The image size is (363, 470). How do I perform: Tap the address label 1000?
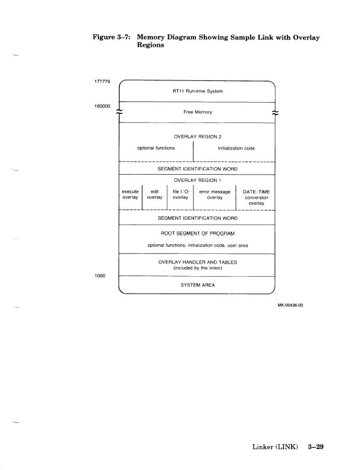[x=100, y=276]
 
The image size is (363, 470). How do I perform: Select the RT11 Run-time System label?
[x=198, y=92]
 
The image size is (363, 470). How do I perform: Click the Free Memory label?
[x=198, y=112]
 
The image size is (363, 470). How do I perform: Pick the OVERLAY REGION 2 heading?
[x=198, y=137]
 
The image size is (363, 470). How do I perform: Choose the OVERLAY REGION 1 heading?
[x=198, y=180]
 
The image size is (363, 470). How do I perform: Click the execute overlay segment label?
[x=130, y=194]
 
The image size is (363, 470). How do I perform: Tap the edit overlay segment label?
[x=154, y=194]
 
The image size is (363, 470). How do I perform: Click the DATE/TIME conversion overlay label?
[x=256, y=197]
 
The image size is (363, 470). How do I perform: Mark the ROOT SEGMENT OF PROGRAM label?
[x=198, y=233]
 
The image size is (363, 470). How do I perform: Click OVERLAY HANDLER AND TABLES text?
[x=198, y=262]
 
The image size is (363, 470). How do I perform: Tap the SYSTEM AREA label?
[x=198, y=285]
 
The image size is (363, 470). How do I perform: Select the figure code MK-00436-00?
[x=291, y=305]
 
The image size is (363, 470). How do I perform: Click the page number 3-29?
[x=316, y=447]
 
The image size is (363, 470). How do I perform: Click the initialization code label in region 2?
[x=236, y=148]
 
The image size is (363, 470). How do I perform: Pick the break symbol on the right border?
[x=275, y=112]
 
